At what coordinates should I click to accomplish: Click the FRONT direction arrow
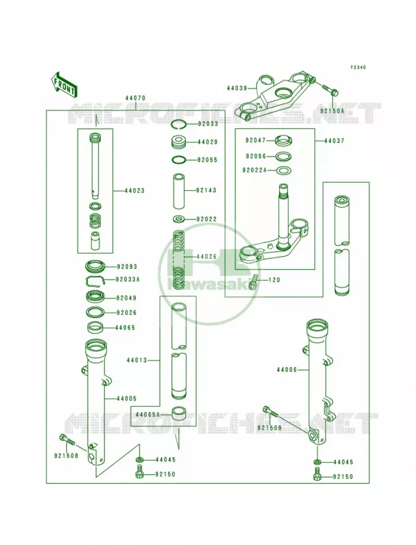click(x=64, y=84)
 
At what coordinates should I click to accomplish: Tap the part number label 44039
click(x=237, y=89)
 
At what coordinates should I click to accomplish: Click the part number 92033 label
click(x=208, y=124)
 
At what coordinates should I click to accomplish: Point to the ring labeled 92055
click(x=180, y=160)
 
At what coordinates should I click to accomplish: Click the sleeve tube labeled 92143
click(x=180, y=191)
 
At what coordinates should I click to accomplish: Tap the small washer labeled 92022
click(x=180, y=219)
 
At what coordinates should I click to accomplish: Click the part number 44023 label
click(x=134, y=191)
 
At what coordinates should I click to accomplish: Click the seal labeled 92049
click(x=95, y=298)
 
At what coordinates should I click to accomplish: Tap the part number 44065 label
click(x=125, y=328)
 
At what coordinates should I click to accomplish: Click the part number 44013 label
click(x=137, y=360)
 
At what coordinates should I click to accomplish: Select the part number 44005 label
click(x=127, y=399)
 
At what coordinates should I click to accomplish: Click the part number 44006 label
click(x=287, y=370)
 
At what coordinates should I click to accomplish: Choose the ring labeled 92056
click(x=284, y=157)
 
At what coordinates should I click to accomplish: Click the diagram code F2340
click(x=357, y=67)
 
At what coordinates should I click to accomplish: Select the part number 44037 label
click(x=334, y=141)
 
